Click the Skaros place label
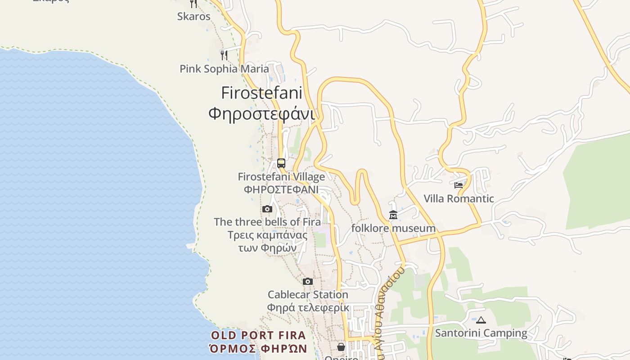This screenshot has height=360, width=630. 193,17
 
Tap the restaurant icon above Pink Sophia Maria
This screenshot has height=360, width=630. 224,55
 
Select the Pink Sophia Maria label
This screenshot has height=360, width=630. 224,69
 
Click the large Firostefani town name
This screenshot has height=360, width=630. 261,93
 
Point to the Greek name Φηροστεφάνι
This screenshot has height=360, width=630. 261,113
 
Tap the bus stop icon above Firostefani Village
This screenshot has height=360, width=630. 281,163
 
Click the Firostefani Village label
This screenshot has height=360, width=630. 281,177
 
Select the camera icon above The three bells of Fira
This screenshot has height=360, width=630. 267,209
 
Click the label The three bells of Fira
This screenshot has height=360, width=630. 267,222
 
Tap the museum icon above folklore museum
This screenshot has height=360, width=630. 393,215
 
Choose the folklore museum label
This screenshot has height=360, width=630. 393,229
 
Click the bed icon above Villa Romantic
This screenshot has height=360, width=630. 459,185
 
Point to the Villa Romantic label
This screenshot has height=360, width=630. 459,198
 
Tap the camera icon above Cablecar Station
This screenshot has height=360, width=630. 308,282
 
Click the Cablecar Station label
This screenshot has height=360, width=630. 308,295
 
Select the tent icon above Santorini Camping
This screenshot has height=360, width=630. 481,320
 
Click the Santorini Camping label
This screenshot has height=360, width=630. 481,333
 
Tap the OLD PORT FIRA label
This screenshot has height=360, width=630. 258,335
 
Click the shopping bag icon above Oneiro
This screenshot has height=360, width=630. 341,347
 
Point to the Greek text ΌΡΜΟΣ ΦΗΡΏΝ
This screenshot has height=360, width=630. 258,349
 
